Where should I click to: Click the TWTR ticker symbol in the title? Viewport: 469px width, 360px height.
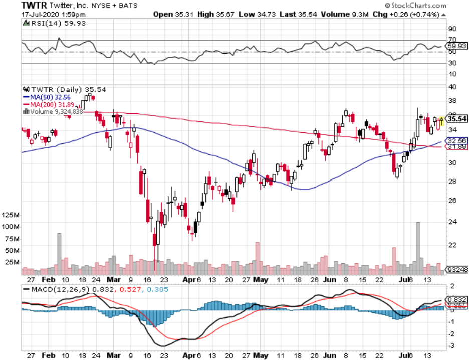tap(34, 6)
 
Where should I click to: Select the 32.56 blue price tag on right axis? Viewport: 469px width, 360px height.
tap(457, 141)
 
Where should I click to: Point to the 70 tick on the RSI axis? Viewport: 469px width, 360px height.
tap(452, 40)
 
